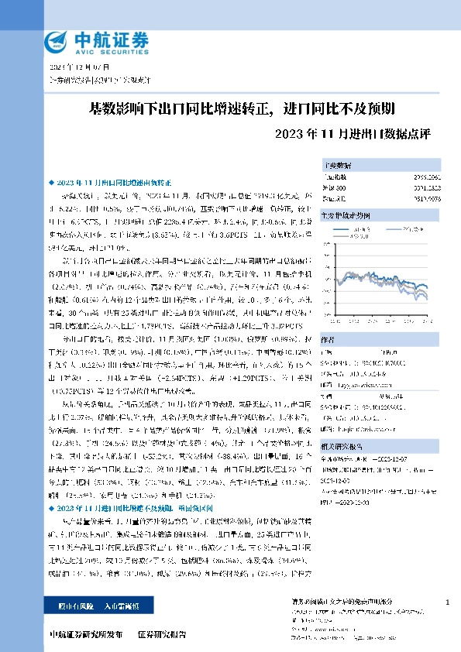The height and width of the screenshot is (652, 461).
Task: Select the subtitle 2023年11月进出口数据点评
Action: (x=353, y=132)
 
